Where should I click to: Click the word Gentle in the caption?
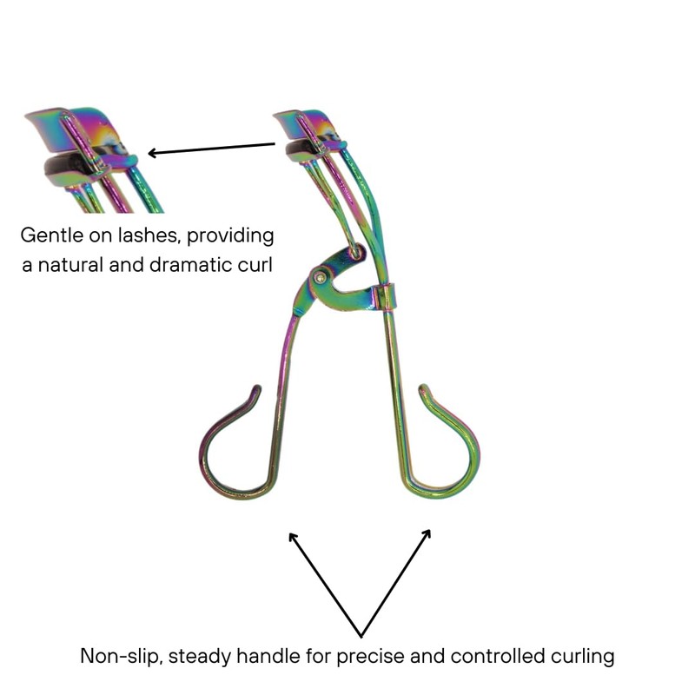pos(50,235)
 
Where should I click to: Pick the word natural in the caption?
pos(71,264)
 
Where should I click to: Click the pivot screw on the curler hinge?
pos(322,277)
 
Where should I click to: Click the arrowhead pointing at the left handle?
pos(294,538)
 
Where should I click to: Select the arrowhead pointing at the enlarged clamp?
pos(153,154)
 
